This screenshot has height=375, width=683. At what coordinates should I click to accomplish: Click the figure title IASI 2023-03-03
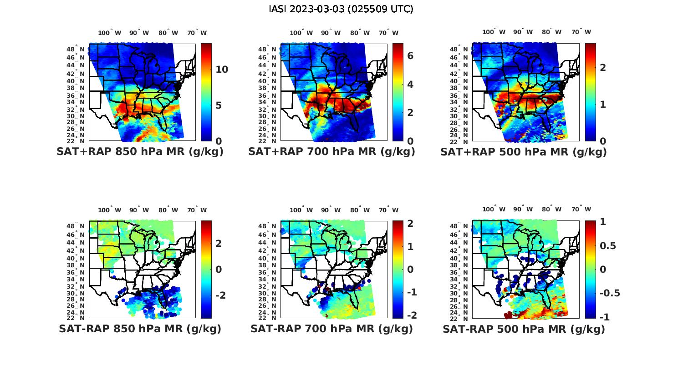341,9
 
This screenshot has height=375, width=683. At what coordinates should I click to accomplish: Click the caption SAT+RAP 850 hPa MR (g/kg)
140,152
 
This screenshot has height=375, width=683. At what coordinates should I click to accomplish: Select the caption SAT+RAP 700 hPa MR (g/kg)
331,152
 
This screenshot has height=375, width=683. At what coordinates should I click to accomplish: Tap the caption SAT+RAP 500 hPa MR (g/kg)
524,152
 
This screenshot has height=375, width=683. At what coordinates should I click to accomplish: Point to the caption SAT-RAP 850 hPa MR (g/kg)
140,329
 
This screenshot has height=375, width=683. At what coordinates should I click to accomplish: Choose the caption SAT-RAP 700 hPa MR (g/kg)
331,329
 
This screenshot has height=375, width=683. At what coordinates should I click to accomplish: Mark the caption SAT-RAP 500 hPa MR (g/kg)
524,329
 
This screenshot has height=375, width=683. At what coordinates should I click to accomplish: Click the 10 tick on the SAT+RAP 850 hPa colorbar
222,70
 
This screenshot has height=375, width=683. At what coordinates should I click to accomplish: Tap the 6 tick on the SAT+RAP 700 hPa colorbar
410,56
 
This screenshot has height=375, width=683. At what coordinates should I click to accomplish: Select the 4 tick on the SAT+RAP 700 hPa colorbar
410,84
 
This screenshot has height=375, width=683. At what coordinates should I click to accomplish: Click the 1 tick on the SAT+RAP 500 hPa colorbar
603,104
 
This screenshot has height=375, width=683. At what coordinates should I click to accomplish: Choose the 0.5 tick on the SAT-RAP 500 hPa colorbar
608,246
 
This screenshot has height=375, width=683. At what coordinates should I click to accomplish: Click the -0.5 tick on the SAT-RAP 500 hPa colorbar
610,293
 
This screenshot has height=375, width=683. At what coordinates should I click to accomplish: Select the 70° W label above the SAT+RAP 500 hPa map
581,32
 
